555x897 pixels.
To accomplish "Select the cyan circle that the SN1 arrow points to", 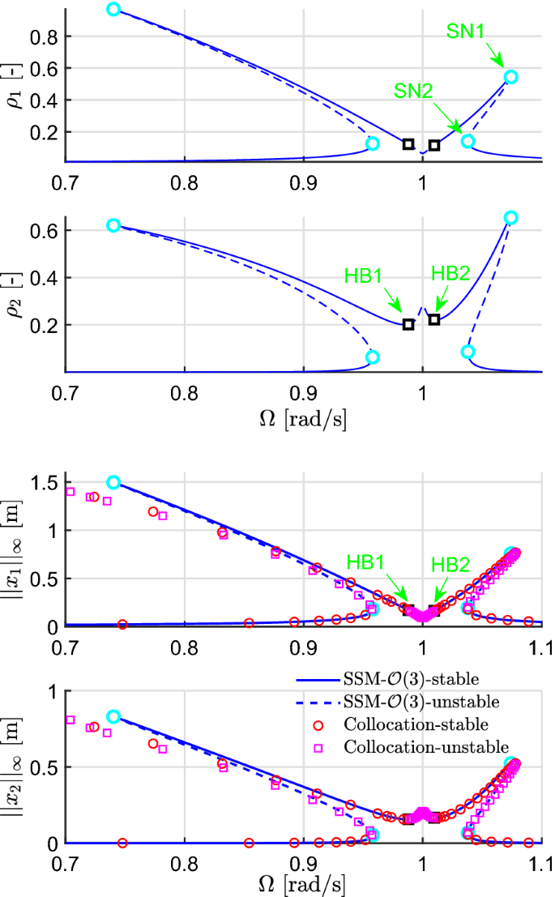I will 510,77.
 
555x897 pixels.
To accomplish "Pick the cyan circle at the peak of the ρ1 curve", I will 113,10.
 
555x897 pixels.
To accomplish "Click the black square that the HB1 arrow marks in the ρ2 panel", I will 408,324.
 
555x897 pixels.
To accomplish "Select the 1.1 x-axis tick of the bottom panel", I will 540,861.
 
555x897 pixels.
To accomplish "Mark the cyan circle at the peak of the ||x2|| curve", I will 113,716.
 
